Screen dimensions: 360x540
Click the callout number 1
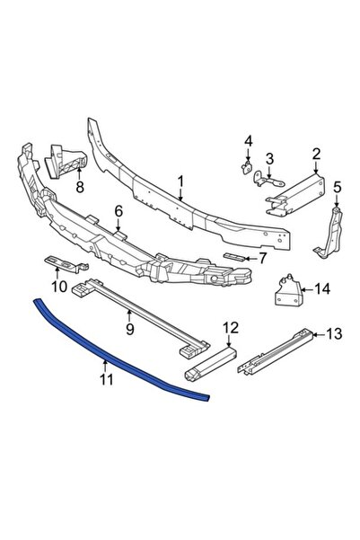[180, 182]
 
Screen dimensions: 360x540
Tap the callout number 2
[316, 154]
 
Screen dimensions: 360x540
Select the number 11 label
[107, 379]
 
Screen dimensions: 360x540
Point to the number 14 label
[321, 289]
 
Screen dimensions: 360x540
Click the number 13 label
[334, 333]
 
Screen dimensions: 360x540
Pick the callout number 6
[119, 211]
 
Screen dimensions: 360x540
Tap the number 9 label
[130, 329]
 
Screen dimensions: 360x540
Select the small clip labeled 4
[246, 168]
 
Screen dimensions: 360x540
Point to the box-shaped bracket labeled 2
[296, 195]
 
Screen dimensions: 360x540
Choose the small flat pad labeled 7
[234, 257]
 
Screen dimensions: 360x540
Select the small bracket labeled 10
[66, 263]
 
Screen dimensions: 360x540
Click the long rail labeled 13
[276, 351]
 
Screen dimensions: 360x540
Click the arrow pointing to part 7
[250, 258]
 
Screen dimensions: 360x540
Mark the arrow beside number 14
[307, 289]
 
